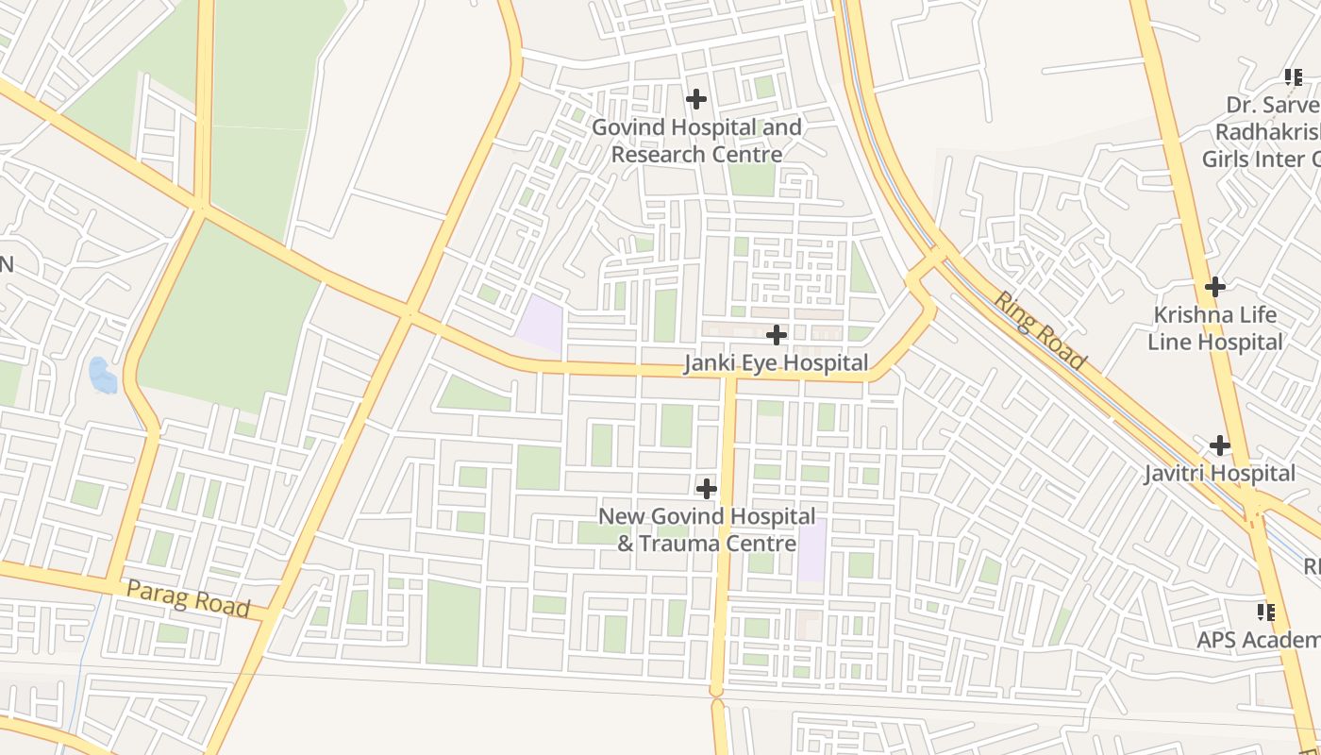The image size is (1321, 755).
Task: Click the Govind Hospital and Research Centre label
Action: tap(696, 141)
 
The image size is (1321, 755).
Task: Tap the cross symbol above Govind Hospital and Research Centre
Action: tap(696, 98)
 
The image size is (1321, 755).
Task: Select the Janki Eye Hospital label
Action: tap(776, 363)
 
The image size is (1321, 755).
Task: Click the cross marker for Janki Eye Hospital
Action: tap(777, 335)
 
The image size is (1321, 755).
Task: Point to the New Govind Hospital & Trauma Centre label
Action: tap(707, 529)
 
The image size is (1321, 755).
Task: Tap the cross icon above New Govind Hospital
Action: tap(706, 489)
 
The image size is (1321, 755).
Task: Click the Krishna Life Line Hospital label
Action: tap(1215, 328)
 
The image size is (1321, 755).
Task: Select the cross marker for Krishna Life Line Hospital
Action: tap(1215, 286)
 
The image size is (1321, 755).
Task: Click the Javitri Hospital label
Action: tap(1219, 473)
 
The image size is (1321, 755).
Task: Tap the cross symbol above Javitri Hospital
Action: tap(1220, 445)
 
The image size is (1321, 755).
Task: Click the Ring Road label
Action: tap(1041, 329)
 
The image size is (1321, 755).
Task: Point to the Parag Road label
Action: tap(188, 599)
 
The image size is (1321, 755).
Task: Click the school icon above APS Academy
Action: tap(1266, 612)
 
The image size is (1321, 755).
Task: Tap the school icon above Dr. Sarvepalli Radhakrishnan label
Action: tap(1293, 76)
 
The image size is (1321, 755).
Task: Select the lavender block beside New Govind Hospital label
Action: tap(811, 550)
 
